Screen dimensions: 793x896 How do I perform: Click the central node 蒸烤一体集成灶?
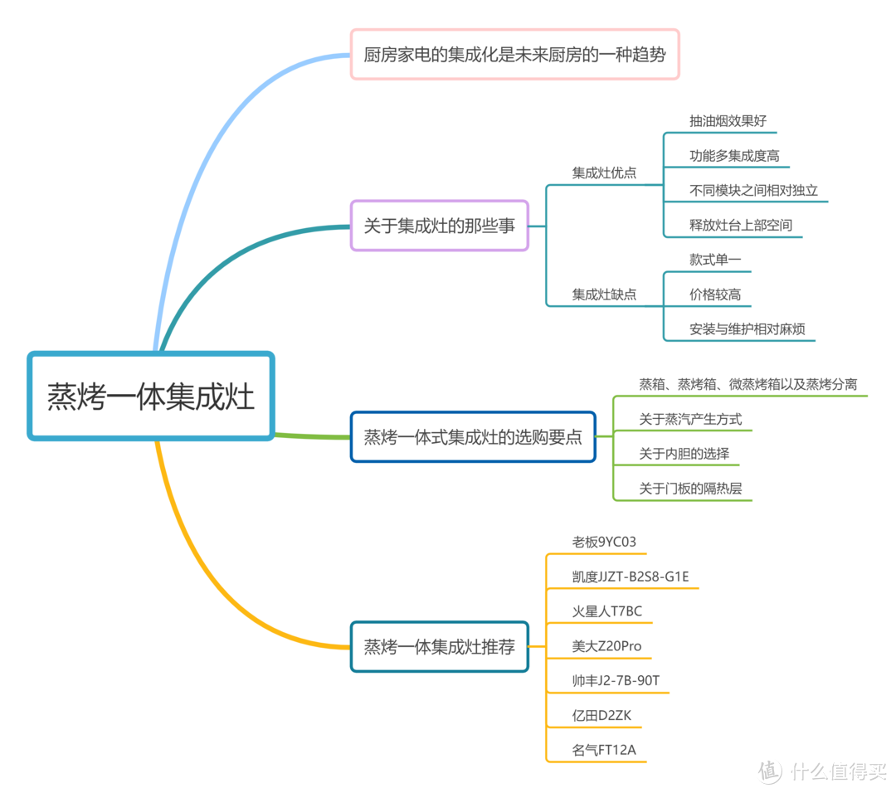pos(150,396)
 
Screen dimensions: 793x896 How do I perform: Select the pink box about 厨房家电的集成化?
pos(514,55)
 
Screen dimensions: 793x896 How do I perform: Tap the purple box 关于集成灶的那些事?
pos(439,226)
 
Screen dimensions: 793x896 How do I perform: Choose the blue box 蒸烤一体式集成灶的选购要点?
pos(473,436)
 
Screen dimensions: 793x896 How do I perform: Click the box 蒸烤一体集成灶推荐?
pos(439,646)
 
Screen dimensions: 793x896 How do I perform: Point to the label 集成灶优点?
pos(604,173)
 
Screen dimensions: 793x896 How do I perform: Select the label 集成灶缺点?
pos(604,294)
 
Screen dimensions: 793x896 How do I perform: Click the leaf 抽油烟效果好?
pos(728,121)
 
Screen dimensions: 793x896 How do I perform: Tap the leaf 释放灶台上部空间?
pos(740,225)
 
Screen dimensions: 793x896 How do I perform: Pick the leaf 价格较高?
pos(715,294)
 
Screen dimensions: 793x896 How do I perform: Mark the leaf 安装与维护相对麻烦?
pos(747,329)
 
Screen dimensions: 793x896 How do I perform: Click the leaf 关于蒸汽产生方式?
pos(690,420)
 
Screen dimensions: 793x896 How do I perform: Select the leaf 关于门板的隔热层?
pos(690,489)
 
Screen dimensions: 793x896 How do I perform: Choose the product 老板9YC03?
pos(604,542)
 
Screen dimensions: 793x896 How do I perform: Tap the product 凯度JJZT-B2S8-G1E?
pos(631,577)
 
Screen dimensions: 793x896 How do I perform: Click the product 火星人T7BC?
pos(607,611)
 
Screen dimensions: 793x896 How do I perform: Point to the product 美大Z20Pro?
pos(606,646)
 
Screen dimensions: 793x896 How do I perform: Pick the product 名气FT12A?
pos(604,750)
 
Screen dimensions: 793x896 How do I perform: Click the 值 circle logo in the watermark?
pos(769,771)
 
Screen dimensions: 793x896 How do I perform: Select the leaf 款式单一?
pos(715,260)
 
